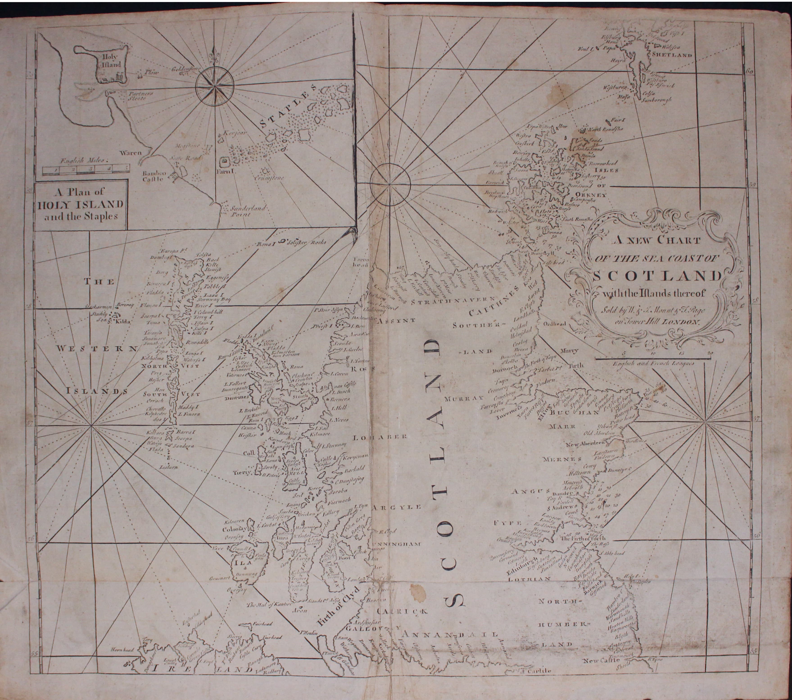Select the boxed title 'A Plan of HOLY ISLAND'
click(x=81, y=204)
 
